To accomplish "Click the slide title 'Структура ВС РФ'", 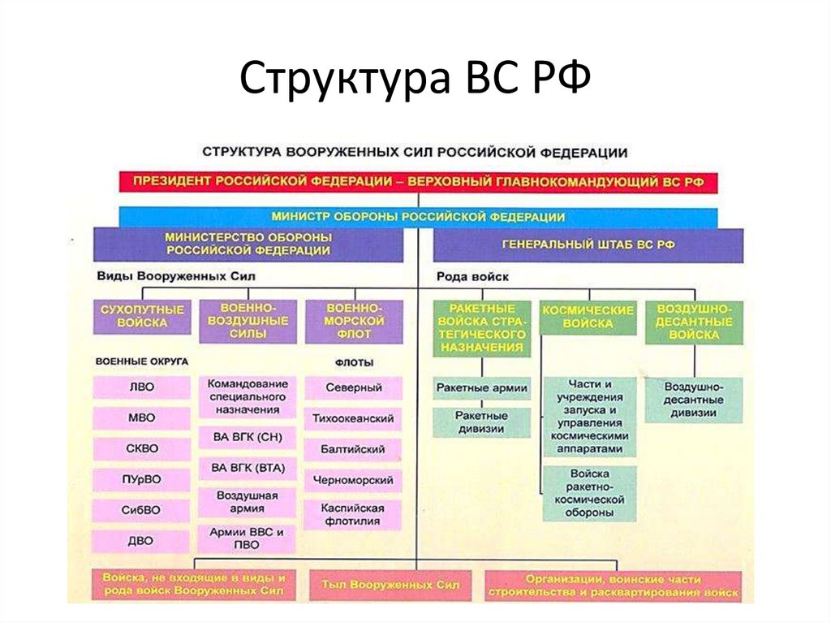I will (415, 81).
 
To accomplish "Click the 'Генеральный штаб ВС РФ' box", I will (588, 244).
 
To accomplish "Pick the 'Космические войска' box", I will (588, 317).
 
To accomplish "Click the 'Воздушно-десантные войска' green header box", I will (694, 322).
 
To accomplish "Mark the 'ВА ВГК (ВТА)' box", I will (247, 468).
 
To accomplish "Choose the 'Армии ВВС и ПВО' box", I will (247, 539).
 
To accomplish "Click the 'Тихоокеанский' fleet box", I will (353, 418).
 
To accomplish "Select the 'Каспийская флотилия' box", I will (353, 513).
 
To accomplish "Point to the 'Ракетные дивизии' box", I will (481, 422).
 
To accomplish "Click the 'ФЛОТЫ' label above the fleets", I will (353, 362).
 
